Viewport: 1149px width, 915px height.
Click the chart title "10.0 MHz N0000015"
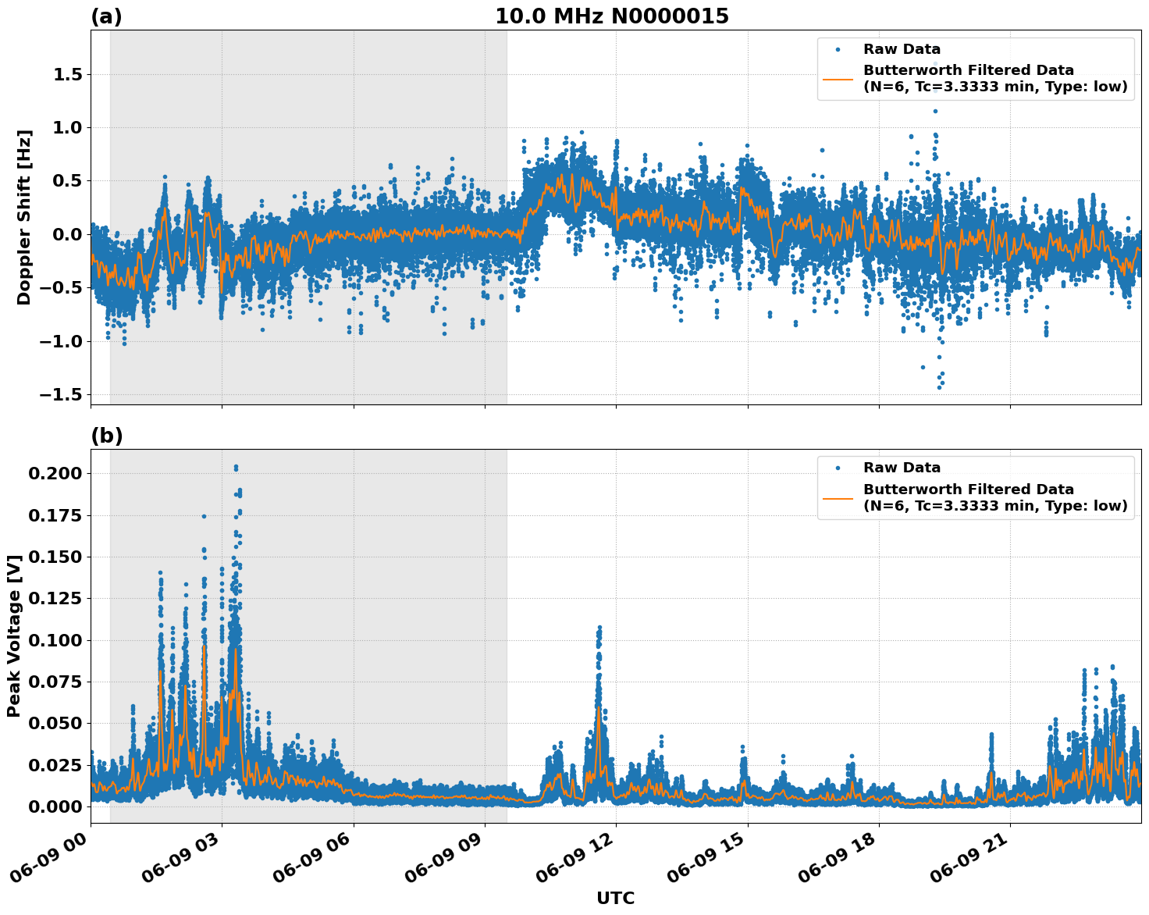611,16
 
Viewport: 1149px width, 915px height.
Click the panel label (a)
106,16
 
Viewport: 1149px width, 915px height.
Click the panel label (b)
106,436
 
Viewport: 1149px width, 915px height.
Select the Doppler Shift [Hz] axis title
24,217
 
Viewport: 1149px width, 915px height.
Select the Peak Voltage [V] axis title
13,636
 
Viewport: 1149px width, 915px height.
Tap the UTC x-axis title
615,898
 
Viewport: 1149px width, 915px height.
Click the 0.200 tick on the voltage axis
55,474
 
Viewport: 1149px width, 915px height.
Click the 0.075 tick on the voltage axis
55,682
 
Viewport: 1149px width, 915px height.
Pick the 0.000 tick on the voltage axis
55,806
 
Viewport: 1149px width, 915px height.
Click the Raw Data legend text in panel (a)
902,49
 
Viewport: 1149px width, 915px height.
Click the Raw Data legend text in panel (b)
902,468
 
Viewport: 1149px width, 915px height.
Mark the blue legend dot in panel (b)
838,468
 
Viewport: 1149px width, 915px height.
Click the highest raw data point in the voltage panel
236,467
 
